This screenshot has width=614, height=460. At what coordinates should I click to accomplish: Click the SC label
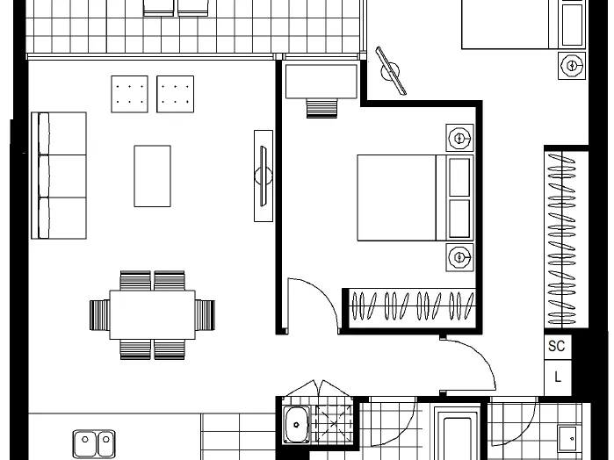click(556, 346)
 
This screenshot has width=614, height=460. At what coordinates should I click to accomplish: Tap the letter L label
click(558, 377)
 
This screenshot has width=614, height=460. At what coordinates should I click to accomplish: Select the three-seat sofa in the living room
click(59, 176)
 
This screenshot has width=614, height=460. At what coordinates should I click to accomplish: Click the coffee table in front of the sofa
click(152, 176)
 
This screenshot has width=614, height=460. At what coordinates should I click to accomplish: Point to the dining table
click(152, 315)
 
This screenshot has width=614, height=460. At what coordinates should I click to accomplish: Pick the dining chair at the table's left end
click(99, 315)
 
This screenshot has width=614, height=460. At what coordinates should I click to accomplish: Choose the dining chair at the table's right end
click(206, 315)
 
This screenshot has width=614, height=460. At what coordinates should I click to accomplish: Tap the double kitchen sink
click(94, 443)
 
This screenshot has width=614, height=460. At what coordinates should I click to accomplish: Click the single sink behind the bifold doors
click(296, 425)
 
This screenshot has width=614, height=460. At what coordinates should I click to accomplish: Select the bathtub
click(457, 433)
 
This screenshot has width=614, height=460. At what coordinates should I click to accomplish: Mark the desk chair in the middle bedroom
click(321, 109)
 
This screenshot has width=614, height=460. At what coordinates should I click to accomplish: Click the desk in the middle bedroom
click(321, 82)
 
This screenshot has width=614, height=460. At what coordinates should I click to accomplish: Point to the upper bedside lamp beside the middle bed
click(459, 138)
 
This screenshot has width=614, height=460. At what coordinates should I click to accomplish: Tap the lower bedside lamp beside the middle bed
click(459, 257)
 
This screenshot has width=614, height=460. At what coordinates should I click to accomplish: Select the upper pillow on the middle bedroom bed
click(459, 177)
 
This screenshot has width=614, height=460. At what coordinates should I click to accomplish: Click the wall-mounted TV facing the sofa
click(264, 176)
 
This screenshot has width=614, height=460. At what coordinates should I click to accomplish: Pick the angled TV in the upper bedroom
click(391, 71)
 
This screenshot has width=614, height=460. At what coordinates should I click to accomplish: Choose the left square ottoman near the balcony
click(130, 94)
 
